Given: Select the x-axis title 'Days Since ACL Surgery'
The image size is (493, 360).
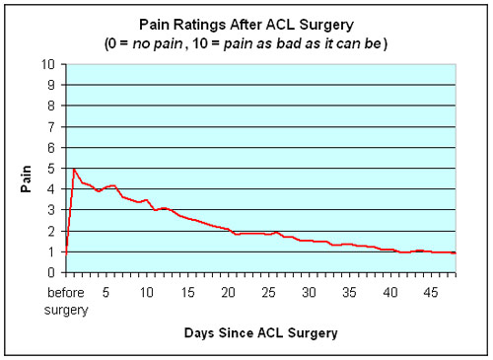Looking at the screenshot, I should pos(259,332).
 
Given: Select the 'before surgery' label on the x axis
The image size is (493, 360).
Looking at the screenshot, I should pos(65,301).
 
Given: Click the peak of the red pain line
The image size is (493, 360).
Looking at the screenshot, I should pos(74,169).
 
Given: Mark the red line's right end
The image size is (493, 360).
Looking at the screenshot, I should pos(455,253).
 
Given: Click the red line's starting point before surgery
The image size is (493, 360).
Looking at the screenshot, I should pos(65,252).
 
